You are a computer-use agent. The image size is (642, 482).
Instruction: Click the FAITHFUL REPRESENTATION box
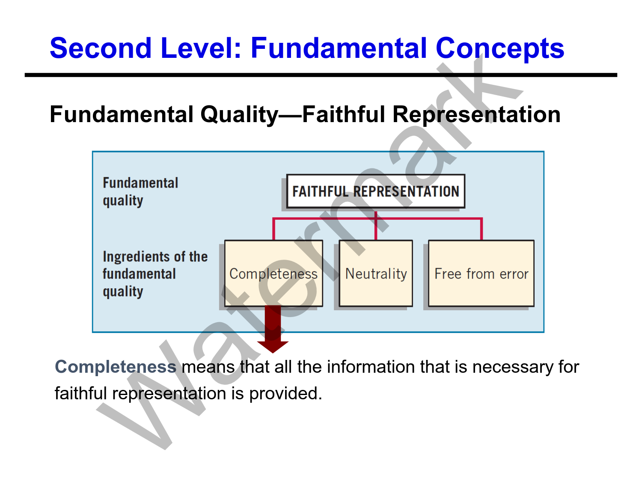(x=375, y=191)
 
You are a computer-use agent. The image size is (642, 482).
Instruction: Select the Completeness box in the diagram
(x=273, y=273)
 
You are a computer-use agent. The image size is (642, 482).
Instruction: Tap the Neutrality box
(x=376, y=273)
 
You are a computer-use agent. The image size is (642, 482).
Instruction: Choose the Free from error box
(x=481, y=273)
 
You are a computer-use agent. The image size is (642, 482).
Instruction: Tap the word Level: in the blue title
(x=201, y=48)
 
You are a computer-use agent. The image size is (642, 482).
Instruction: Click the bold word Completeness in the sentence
(x=116, y=367)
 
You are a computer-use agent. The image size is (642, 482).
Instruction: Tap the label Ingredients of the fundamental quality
(x=155, y=274)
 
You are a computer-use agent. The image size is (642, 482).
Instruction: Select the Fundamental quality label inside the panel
(x=140, y=192)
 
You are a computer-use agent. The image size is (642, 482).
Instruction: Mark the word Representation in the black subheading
(x=476, y=115)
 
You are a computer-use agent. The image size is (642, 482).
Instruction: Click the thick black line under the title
(x=321, y=75)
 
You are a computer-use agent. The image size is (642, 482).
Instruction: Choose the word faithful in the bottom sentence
(x=81, y=393)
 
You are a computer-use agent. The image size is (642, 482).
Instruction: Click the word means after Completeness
(x=208, y=367)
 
